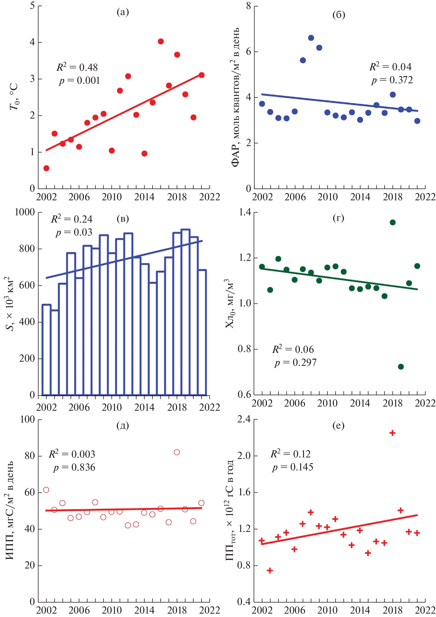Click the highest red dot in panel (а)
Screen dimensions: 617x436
coord(160,42)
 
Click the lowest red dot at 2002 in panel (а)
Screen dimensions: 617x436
coord(46,168)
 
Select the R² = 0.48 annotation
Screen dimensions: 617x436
coord(77,67)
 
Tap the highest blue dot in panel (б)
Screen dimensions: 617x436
coord(311,38)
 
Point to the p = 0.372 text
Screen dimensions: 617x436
coord(392,80)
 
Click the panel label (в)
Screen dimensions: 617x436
coord(123,219)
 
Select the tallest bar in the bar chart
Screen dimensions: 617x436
coord(185,312)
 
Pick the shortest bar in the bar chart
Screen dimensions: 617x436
coord(55,352)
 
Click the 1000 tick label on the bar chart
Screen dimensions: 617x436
coord(25,212)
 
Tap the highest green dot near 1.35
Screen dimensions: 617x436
coord(392,222)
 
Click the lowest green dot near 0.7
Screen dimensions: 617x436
coord(401,367)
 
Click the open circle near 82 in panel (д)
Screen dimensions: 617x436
coord(177,452)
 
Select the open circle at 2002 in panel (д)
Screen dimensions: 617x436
coord(46,490)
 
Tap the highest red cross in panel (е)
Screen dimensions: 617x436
coord(392,433)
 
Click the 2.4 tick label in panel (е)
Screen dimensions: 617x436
coord(243,419)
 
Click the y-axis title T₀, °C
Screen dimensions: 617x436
coord(14,97)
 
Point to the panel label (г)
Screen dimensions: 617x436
coord(338,218)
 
